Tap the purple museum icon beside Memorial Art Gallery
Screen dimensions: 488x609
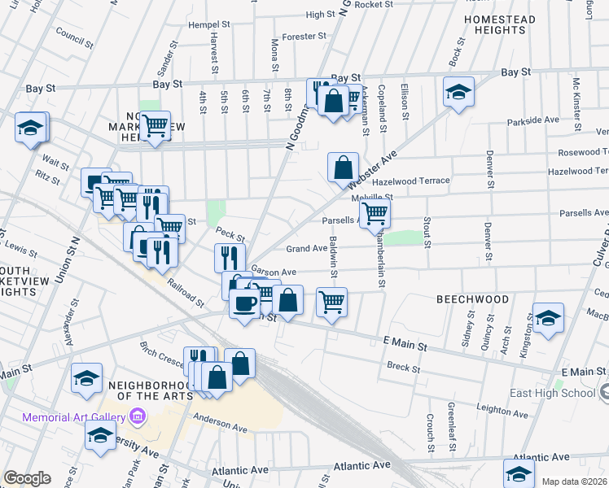(137, 417)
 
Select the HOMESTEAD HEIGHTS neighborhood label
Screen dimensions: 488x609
(500, 24)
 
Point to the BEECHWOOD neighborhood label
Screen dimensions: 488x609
(473, 299)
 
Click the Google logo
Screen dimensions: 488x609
(27, 478)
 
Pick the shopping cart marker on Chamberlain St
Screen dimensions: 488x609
(375, 213)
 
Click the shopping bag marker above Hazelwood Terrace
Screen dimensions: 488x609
(344, 168)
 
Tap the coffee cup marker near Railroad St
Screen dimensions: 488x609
(244, 304)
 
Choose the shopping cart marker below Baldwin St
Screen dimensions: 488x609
(331, 302)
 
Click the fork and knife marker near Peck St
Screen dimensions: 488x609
(230, 259)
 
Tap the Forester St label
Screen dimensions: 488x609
(304, 37)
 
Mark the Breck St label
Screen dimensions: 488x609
(403, 368)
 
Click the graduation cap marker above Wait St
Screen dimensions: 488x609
(30, 127)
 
